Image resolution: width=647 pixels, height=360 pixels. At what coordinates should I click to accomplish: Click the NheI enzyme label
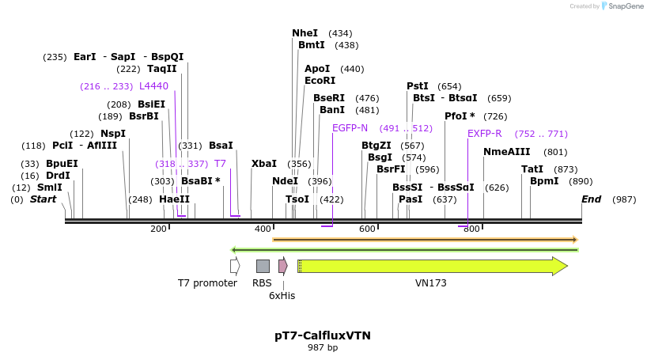click(x=305, y=33)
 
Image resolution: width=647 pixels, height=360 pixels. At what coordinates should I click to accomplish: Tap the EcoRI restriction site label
click(x=320, y=81)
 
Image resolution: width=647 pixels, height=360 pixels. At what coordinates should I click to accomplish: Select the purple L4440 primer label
click(x=153, y=86)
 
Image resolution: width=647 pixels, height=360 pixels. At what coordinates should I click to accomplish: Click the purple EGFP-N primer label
click(x=350, y=128)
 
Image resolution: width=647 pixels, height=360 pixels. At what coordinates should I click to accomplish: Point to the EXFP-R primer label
click(x=485, y=134)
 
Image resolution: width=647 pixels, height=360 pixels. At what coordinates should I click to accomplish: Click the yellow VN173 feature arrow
click(x=431, y=266)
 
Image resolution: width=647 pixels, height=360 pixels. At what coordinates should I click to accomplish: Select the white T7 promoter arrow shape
click(x=235, y=266)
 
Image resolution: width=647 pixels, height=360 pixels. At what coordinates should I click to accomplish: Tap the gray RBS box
click(x=263, y=266)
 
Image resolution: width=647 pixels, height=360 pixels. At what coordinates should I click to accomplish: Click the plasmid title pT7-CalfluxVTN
click(x=323, y=335)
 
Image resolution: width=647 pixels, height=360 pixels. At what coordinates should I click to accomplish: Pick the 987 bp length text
click(x=323, y=348)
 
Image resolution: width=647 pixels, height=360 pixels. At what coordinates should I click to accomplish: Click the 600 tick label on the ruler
click(x=367, y=229)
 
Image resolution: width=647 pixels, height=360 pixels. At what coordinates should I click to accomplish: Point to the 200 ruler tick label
click(x=158, y=229)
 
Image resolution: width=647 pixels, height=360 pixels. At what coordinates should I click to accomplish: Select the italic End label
click(x=592, y=199)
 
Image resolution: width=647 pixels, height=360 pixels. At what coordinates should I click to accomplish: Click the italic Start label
click(x=43, y=199)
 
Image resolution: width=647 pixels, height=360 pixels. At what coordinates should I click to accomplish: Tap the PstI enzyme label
click(x=418, y=86)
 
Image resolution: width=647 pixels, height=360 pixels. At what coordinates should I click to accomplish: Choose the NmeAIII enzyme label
click(x=507, y=152)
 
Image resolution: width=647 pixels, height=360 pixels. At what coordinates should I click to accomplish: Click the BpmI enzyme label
click(x=544, y=181)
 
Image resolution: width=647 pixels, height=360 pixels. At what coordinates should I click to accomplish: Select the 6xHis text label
click(x=282, y=295)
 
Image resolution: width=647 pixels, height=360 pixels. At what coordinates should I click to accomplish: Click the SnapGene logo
click(x=622, y=6)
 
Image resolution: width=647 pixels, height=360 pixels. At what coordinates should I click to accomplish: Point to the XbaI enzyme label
click(x=264, y=164)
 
